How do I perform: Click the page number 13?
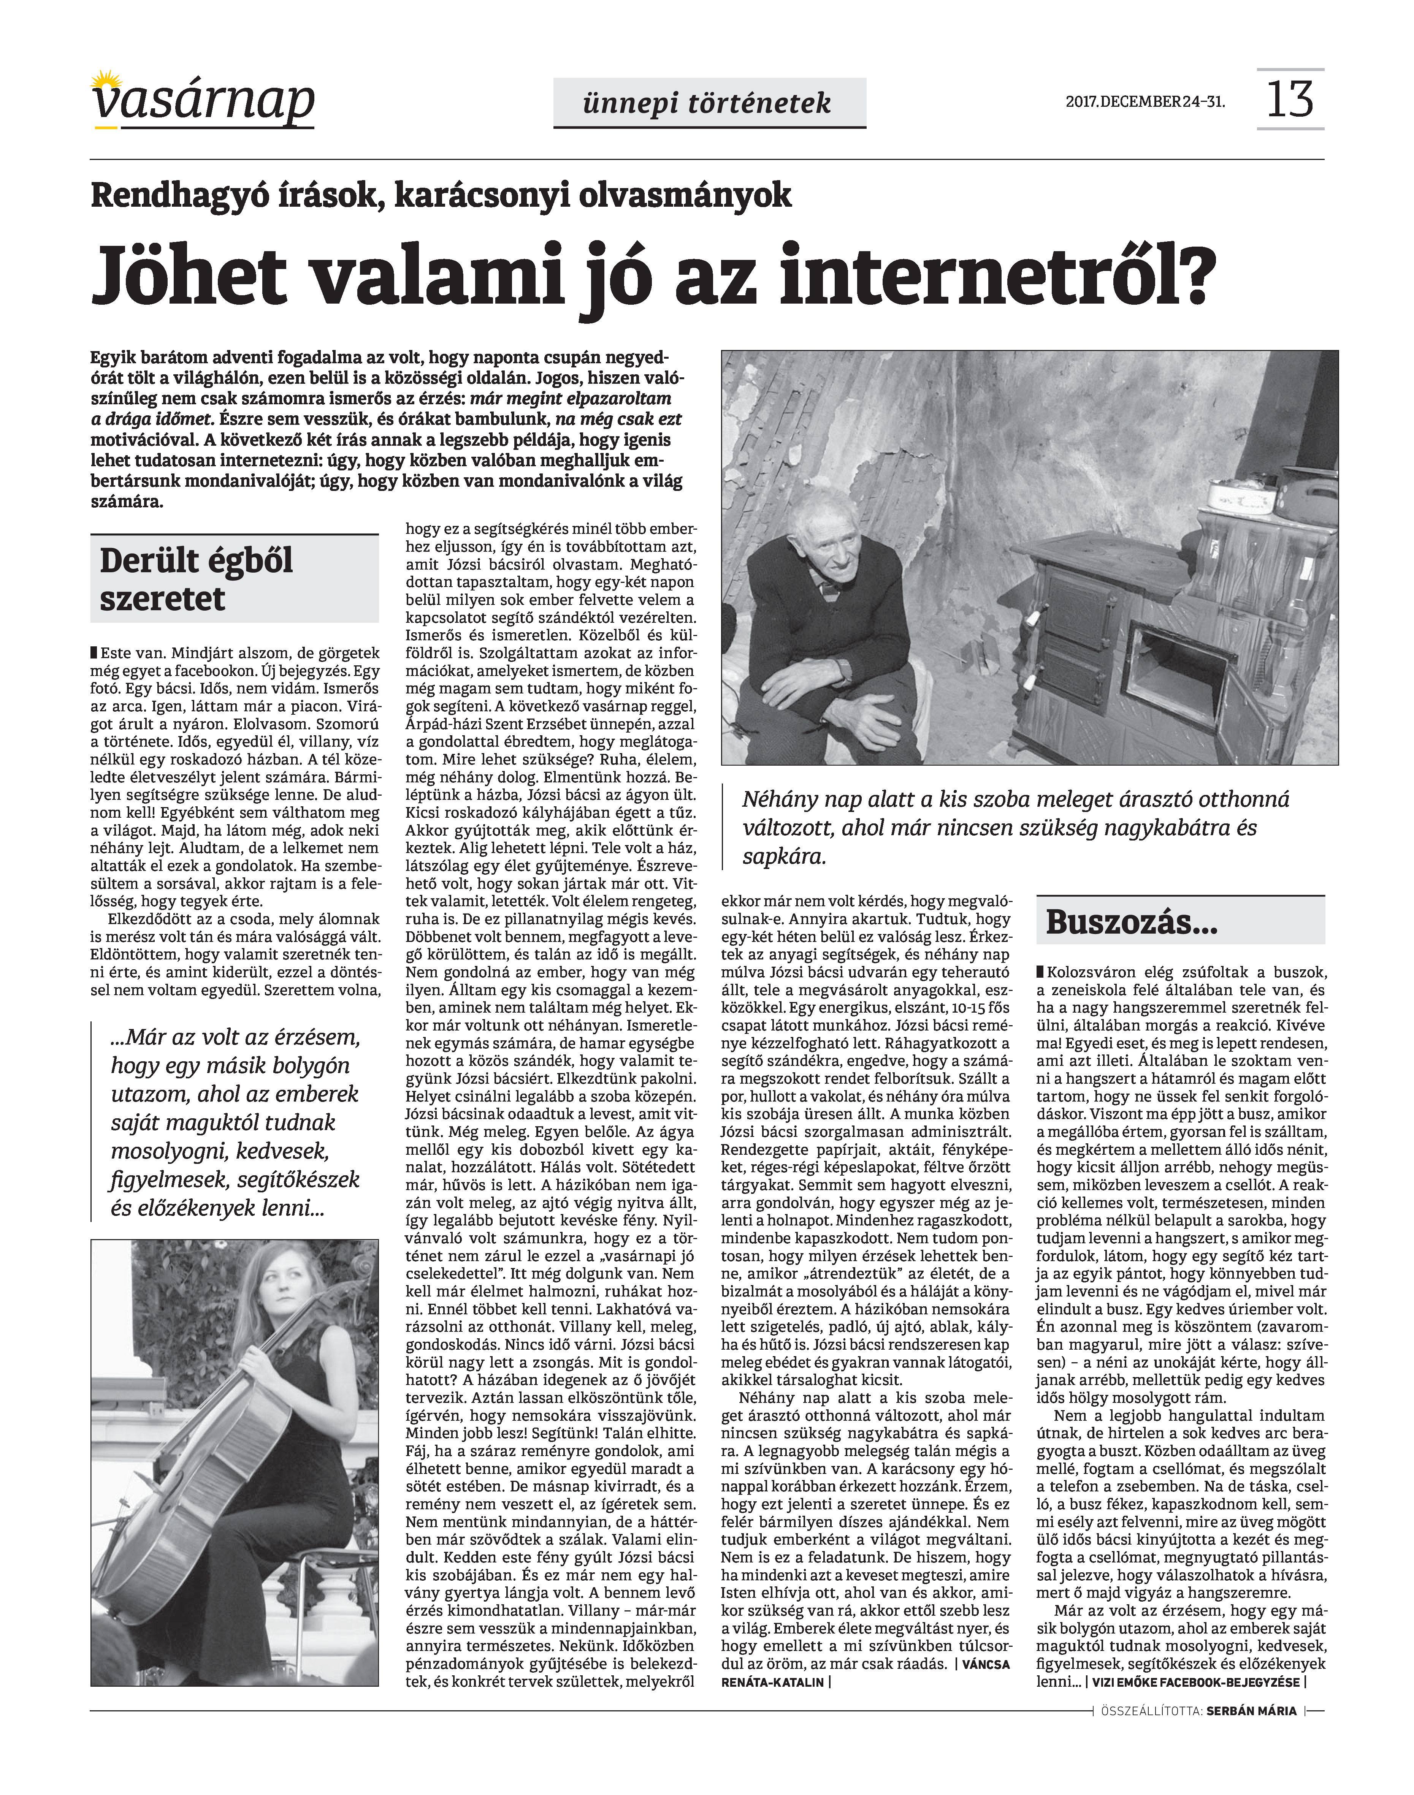pos(1290,99)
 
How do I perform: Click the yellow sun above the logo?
pos(105,80)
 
